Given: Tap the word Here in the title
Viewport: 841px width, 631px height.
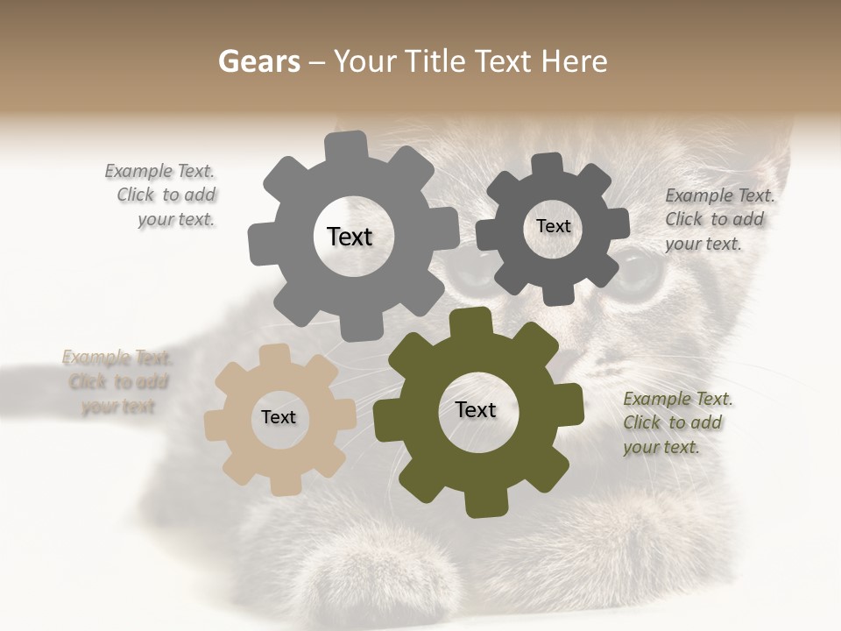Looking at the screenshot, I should [x=574, y=61].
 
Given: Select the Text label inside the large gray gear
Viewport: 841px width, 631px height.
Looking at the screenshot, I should [x=350, y=237].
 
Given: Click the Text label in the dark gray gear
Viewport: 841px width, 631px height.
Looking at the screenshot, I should [x=553, y=226].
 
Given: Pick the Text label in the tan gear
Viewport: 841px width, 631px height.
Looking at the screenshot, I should [x=279, y=417].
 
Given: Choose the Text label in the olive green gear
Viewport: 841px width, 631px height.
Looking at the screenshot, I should [x=476, y=409].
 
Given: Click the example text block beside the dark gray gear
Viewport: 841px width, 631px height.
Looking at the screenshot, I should [x=718, y=219].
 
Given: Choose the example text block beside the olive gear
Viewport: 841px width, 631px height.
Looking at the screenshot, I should [x=676, y=422].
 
